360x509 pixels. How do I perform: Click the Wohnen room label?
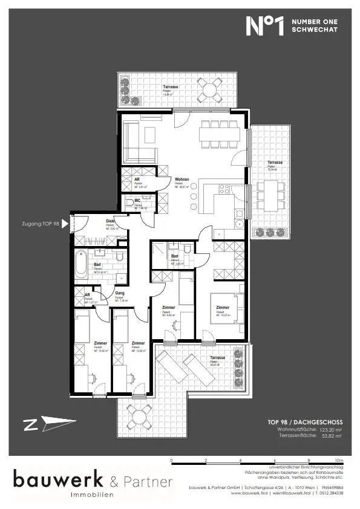coord(182,180)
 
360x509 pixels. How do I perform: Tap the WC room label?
coord(138,200)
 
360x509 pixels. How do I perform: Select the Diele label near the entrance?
coord(111,221)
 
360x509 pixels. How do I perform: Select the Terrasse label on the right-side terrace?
coord(275,163)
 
